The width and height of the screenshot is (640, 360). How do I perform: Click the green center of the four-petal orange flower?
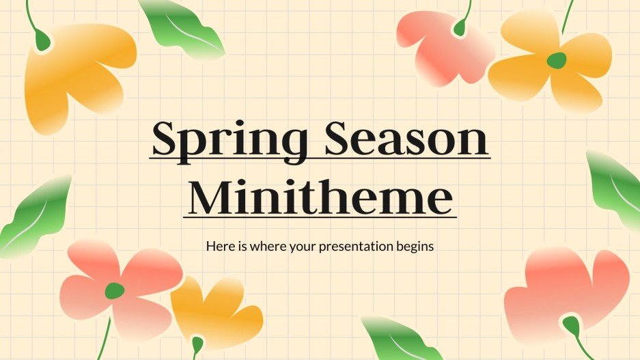click(x=557, y=60)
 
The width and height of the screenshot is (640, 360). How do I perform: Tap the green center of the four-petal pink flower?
click(x=114, y=290)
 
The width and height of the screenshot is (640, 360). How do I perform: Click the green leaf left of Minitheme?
click(x=38, y=214)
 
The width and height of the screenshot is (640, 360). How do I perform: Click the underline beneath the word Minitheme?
click(x=320, y=218)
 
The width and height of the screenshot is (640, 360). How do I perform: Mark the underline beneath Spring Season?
click(x=320, y=160)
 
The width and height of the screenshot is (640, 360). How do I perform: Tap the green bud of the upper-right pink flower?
click(x=460, y=27)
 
